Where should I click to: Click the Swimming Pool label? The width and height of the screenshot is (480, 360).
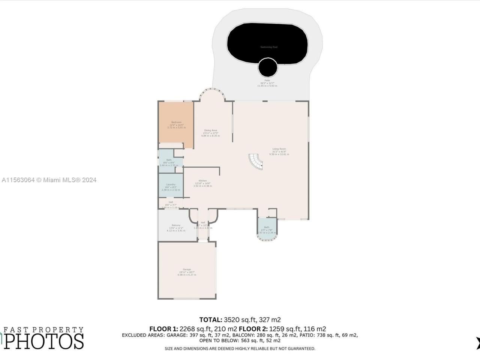tap(269, 47)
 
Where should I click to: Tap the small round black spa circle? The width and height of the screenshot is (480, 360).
tap(268, 67)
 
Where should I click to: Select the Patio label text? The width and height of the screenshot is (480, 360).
tap(267, 80)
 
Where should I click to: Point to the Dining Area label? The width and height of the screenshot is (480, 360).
tap(210, 130)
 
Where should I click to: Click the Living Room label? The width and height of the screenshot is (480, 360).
tap(279, 149)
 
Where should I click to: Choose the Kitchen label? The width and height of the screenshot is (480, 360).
tap(202, 181)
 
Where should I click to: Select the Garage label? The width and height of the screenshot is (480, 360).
tap(187, 269)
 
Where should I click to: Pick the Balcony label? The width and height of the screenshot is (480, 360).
tap(176, 225)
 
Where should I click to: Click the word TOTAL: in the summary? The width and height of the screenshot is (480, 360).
tap(210, 320)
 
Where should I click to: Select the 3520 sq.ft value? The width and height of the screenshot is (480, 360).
tap(240, 320)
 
